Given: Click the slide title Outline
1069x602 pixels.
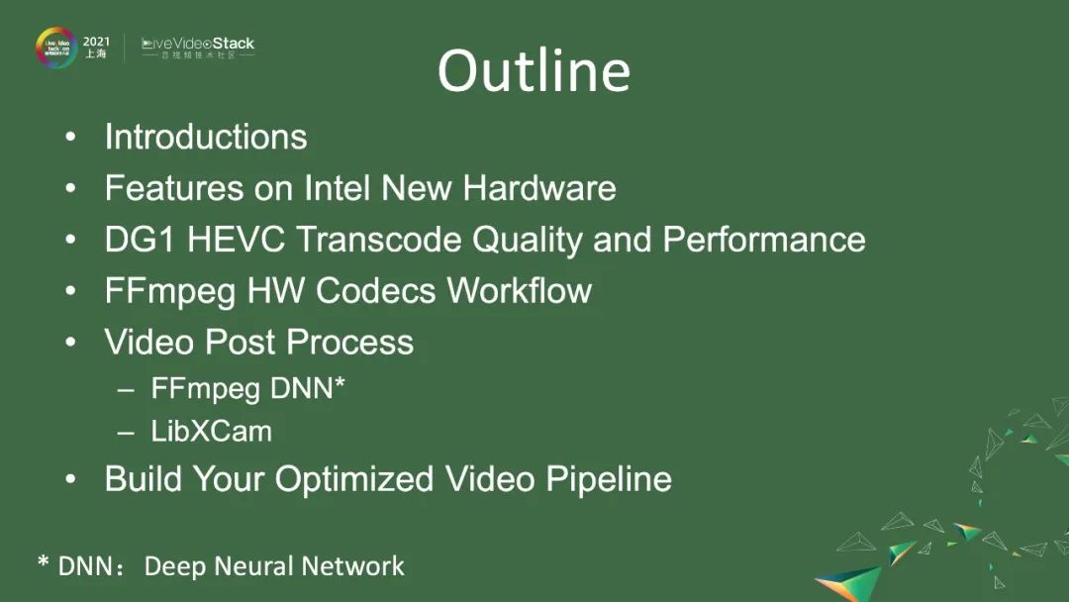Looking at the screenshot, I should (534, 71).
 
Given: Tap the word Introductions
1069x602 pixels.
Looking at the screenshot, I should (206, 137).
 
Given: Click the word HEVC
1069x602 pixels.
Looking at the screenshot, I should (228, 240).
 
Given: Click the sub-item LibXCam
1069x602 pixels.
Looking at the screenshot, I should (211, 432).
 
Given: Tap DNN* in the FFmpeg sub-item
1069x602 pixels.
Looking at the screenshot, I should (307, 388).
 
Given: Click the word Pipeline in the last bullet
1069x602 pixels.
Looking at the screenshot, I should (609, 480).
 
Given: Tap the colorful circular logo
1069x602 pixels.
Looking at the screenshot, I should (56, 48).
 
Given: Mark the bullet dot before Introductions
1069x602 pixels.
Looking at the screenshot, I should (70, 138).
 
